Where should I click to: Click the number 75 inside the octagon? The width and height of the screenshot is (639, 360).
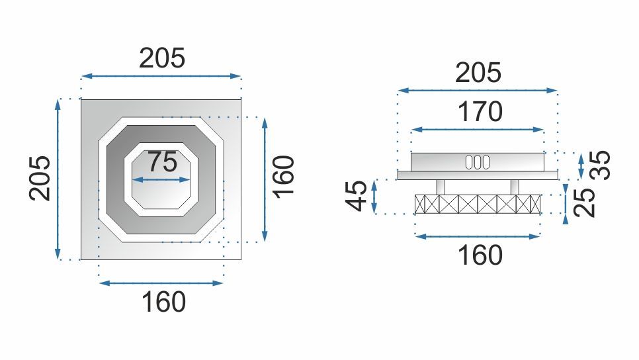[x=162, y=161]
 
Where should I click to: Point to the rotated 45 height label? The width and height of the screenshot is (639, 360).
[x=357, y=196]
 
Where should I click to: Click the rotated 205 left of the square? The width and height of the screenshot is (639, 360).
[x=40, y=177]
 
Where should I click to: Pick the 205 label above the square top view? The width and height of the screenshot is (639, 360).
[x=162, y=59]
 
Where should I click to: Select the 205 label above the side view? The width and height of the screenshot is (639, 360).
[x=478, y=72]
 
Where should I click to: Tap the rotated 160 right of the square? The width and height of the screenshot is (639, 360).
[x=283, y=176]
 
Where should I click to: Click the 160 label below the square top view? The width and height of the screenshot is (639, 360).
[x=163, y=302]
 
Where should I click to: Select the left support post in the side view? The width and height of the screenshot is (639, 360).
[x=441, y=187]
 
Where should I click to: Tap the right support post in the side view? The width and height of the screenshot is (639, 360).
[x=515, y=187]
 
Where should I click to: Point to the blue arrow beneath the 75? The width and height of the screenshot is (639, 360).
[x=162, y=179]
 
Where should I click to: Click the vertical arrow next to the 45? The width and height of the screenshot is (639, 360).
[x=374, y=196]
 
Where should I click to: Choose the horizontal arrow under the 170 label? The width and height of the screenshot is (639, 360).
[x=478, y=130]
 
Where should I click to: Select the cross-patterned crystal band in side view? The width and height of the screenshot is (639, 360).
[x=478, y=204]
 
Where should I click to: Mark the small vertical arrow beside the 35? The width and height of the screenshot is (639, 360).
[x=581, y=165]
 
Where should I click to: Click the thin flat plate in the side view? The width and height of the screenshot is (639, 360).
[x=478, y=175]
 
